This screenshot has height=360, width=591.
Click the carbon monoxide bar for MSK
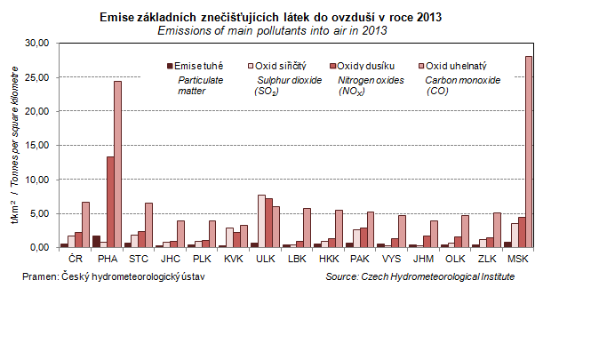tap(529, 151)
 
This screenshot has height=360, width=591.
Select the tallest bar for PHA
tap(117, 164)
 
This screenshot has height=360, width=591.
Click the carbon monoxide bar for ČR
tap(86, 224)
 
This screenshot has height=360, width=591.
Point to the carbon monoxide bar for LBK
tap(307, 228)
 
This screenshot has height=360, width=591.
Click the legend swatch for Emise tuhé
tap(170, 66)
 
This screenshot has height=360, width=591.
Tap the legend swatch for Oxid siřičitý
tap(250, 66)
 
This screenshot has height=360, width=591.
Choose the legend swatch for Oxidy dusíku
tap(332, 66)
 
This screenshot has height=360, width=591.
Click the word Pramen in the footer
tap(38, 277)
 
